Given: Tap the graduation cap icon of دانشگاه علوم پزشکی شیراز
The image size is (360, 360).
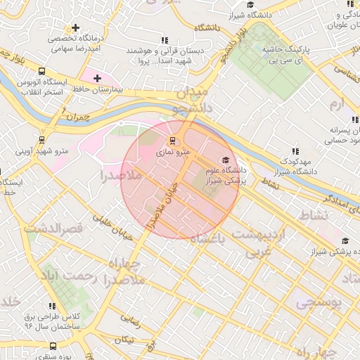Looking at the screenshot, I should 225,160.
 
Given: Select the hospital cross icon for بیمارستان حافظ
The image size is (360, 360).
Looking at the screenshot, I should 96,77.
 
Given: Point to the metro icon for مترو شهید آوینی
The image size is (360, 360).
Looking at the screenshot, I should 41,139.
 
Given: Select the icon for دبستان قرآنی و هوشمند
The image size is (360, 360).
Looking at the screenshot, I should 165,41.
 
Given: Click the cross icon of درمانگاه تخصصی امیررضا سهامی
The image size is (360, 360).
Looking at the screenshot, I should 75,28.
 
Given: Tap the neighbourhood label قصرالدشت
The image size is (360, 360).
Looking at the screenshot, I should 53,228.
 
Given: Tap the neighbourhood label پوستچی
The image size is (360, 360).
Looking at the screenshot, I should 318,302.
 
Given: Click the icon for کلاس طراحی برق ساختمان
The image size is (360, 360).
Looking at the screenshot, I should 52,306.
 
